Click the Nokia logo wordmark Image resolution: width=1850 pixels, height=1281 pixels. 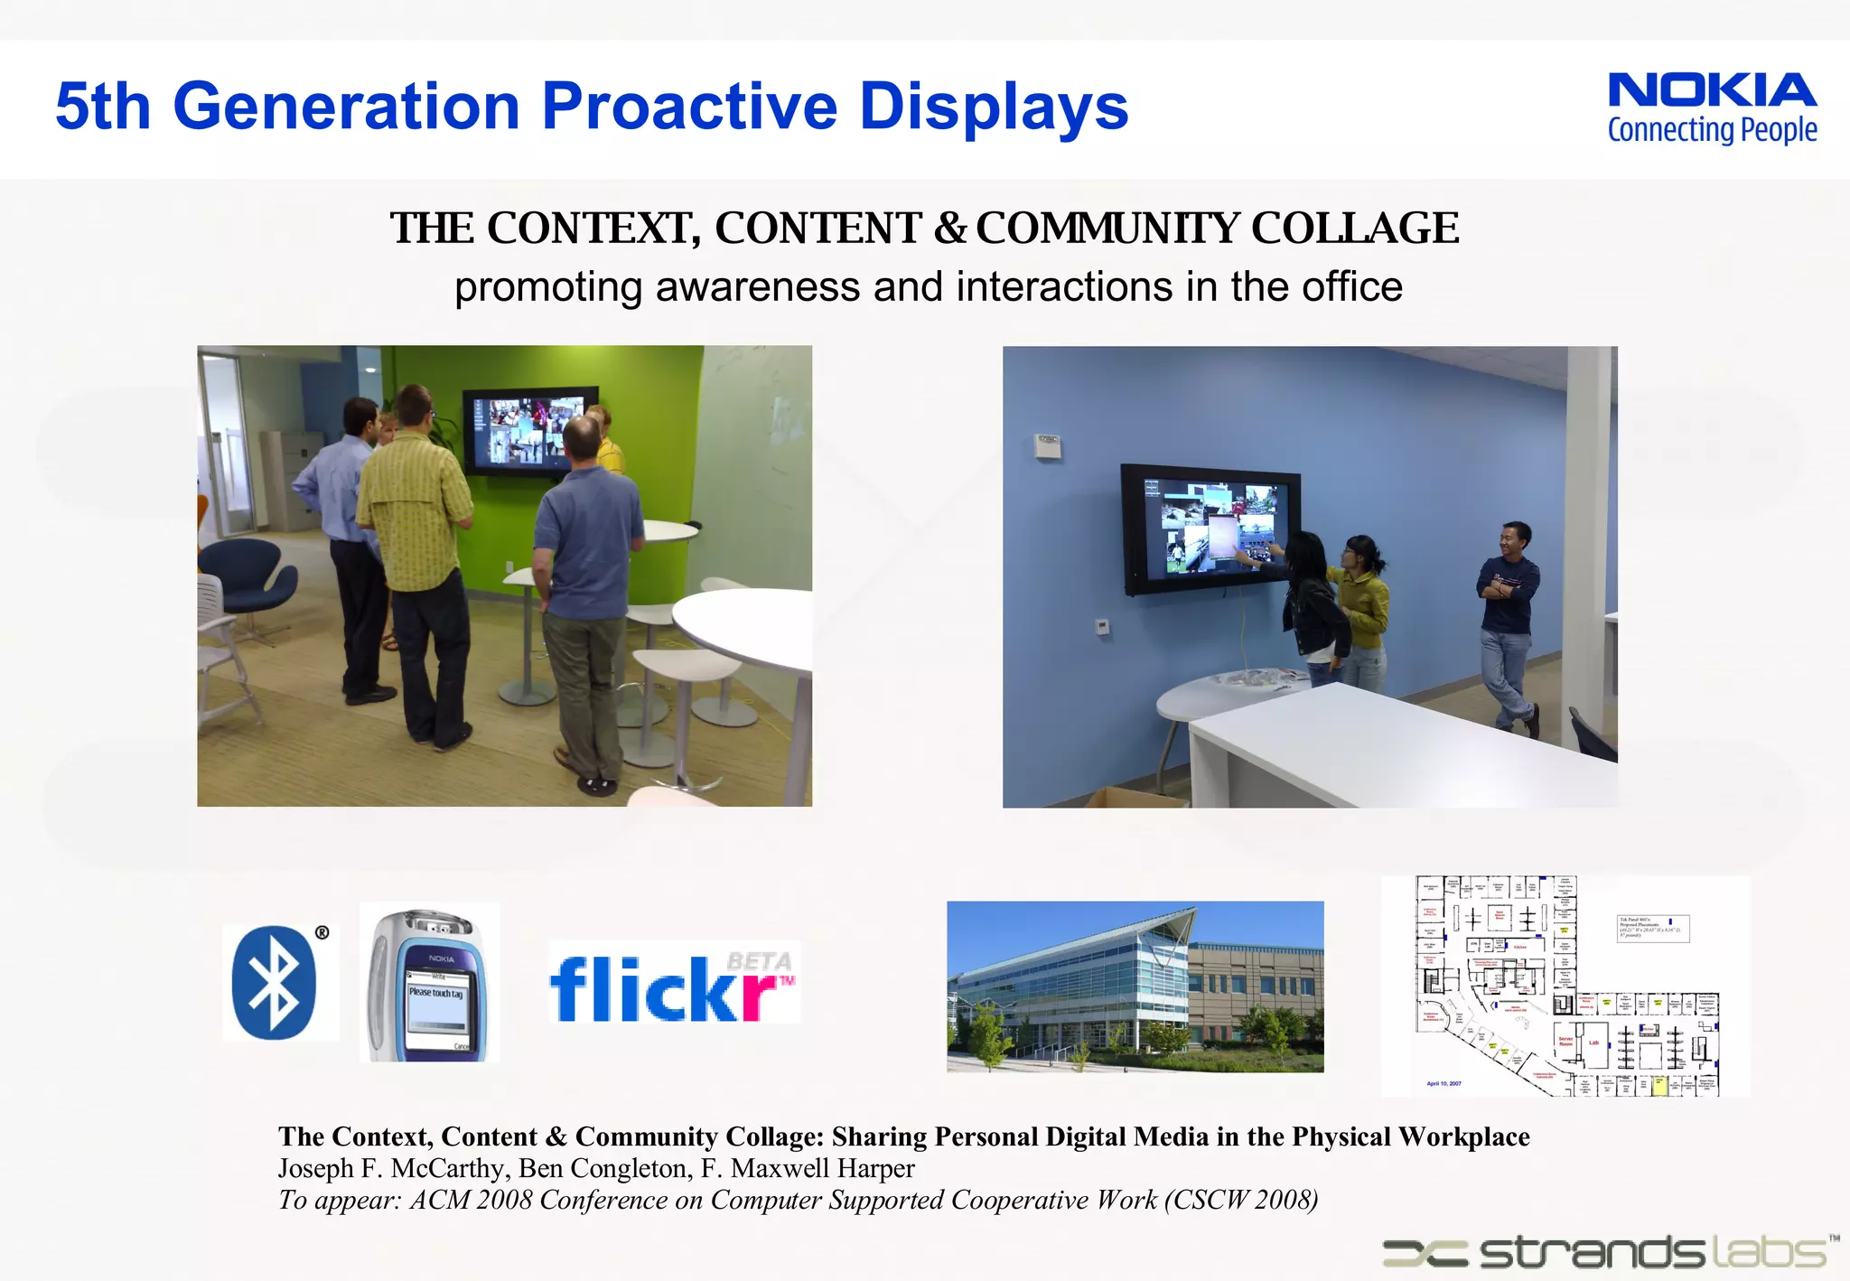tap(1712, 90)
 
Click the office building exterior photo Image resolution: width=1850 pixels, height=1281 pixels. tap(1135, 986)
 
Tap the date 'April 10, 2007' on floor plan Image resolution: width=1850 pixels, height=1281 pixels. tap(1444, 1083)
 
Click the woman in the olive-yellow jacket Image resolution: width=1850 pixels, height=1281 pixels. tap(1360, 605)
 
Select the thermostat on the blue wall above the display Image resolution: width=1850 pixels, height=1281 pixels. tap(1047, 445)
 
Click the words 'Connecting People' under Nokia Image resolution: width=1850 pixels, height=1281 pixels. tap(1712, 131)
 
